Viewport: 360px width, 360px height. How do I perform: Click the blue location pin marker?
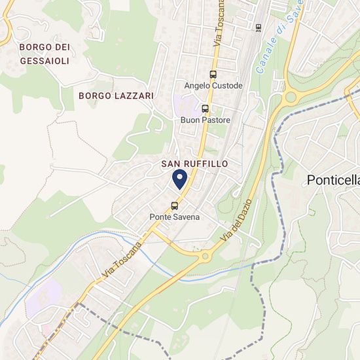pyautogui.click(x=180, y=179)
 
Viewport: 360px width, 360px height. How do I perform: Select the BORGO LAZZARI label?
pyautogui.click(x=116, y=96)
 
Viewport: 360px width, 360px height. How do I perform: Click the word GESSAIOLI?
pyautogui.click(x=44, y=60)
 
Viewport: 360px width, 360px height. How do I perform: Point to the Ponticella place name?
pyautogui.click(x=333, y=181)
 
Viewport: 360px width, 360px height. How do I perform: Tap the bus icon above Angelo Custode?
pyautogui.click(x=213, y=75)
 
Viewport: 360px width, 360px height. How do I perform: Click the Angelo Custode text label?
pyautogui.click(x=213, y=86)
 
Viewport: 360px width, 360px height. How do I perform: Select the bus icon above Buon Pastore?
pyautogui.click(x=205, y=109)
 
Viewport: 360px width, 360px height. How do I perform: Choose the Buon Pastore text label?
pyautogui.click(x=205, y=120)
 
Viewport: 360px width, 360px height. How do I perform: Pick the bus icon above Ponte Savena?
pyautogui.click(x=174, y=205)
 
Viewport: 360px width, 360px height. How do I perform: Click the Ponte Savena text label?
pyautogui.click(x=174, y=217)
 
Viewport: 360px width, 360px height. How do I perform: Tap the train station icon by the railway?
pyautogui.click(x=258, y=27)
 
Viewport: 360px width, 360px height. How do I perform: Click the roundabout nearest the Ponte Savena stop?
pyautogui.click(x=205, y=256)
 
